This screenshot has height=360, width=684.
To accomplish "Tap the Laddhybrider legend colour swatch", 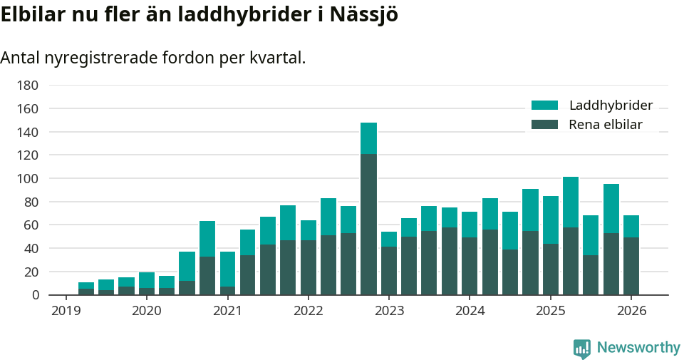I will pyautogui.click(x=545, y=106).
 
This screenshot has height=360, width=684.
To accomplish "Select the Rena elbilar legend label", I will pyautogui.click(x=606, y=125).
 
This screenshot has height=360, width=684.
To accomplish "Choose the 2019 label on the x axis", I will pyautogui.click(x=66, y=311).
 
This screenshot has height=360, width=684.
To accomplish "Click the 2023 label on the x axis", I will pyautogui.click(x=389, y=311).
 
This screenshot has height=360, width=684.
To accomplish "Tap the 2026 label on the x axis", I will pyautogui.click(x=631, y=311).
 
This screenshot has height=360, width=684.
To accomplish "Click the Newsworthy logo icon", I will pyautogui.click(x=581, y=348).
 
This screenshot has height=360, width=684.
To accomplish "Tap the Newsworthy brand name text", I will pyautogui.click(x=638, y=348).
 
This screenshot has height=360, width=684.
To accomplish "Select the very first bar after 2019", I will pyautogui.click(x=86, y=289).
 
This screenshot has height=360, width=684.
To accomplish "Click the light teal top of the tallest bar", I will pyautogui.click(x=368, y=138).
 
